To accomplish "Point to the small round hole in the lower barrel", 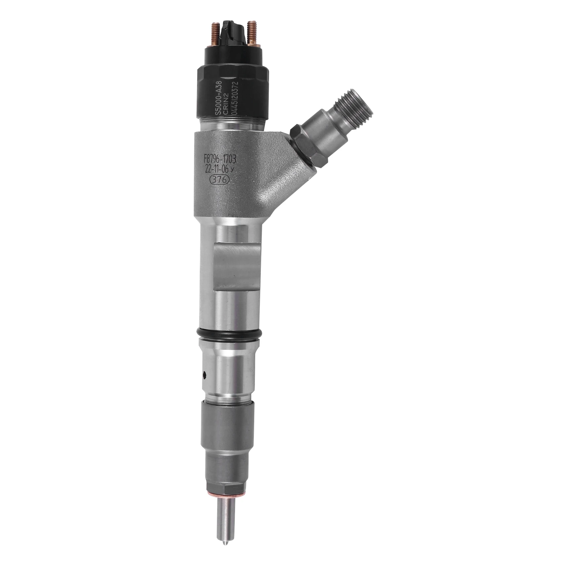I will click(x=205, y=375).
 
